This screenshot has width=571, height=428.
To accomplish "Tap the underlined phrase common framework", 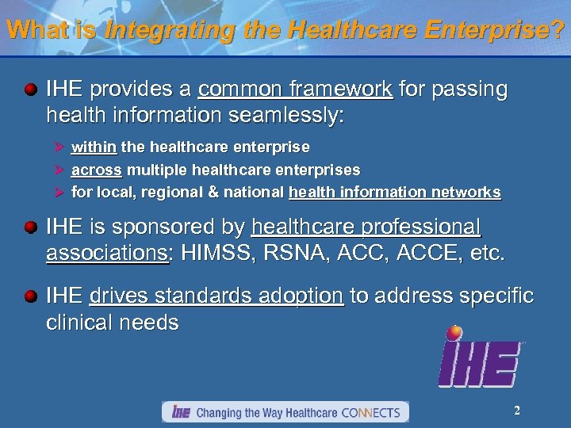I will [295, 90].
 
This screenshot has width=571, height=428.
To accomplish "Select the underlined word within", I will [94, 147].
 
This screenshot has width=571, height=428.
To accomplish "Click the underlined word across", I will [96, 170].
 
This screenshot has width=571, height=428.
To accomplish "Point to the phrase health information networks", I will [395, 192].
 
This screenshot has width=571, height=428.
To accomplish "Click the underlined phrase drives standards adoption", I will [217, 296].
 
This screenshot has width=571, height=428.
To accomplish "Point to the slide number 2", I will [516, 411].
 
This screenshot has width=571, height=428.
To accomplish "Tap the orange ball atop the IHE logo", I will [454, 332].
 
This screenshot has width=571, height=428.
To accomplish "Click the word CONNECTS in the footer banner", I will [372, 413].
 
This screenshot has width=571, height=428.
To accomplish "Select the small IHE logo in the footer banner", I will [181, 412].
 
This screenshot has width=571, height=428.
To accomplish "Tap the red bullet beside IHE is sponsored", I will [31, 228].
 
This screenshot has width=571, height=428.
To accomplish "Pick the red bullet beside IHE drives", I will [31, 296].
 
